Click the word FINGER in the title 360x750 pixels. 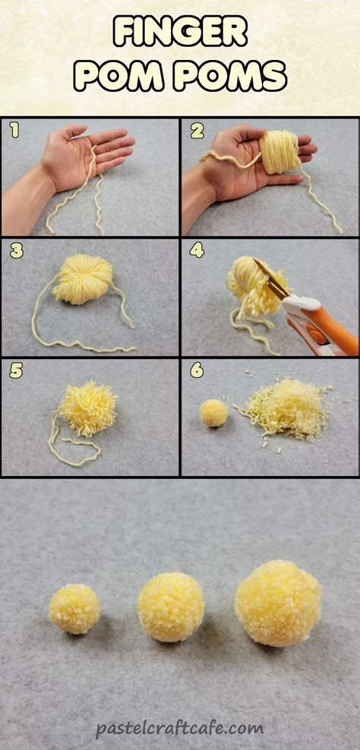180,33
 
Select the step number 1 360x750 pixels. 14,131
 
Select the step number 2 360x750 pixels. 196,131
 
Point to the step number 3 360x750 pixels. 15,251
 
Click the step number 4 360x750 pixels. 197,251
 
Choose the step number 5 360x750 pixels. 15,370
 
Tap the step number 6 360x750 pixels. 197,370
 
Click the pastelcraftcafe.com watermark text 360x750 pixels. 180,728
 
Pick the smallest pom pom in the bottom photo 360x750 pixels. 74,608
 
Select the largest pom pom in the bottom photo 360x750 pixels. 278,603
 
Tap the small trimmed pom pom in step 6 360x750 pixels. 213,412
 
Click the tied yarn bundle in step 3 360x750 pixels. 82,279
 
